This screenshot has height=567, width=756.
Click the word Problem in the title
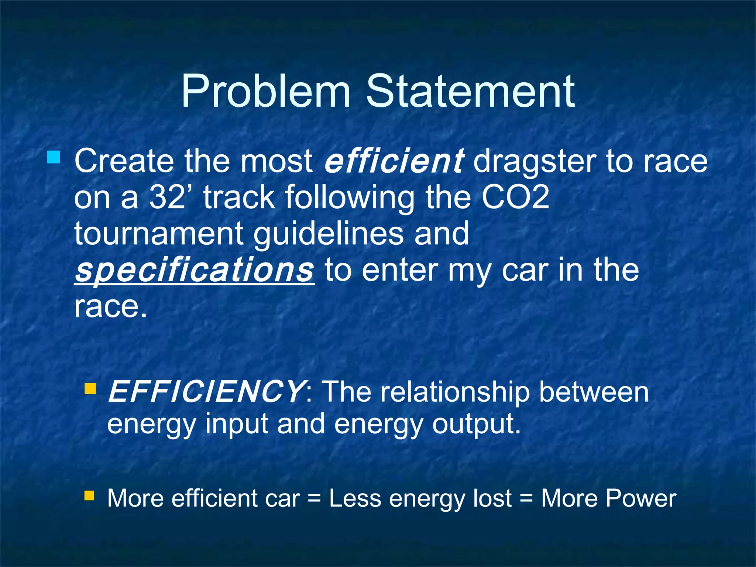(x=265, y=92)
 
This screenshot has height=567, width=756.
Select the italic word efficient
(x=394, y=161)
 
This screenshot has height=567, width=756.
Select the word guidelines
(x=329, y=235)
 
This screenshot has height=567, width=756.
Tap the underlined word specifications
(x=194, y=271)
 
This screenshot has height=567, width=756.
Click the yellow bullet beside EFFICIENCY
(x=90, y=388)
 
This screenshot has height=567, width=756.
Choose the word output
(x=476, y=425)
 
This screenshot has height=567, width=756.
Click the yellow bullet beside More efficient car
(x=89, y=495)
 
